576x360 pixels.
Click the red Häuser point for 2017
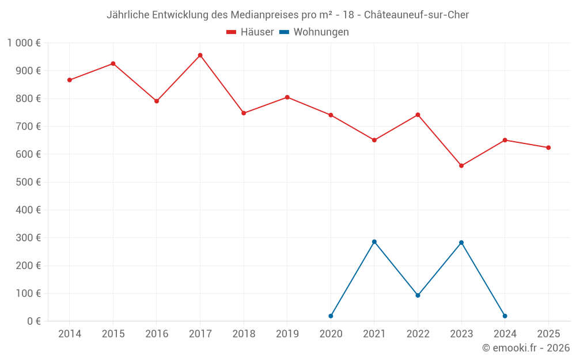click(200, 55)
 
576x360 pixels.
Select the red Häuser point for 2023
click(461, 166)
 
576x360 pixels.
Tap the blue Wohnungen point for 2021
click(374, 242)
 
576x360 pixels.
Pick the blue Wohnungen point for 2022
click(418, 295)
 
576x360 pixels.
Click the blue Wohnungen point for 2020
click(331, 316)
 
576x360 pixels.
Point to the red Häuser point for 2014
click(70, 80)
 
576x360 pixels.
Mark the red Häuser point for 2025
click(548, 147)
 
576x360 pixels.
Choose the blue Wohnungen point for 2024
click(505, 316)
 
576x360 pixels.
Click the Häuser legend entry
click(250, 32)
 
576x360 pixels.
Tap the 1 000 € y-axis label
click(24, 43)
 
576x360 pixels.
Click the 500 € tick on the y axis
click(30, 182)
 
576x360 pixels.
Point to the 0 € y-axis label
click(34, 321)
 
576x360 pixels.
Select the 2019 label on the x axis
click(287, 334)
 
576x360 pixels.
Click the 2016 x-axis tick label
click(157, 334)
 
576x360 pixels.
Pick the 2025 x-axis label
click(548, 334)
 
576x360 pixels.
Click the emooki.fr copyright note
click(526, 348)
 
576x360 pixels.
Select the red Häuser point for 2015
click(113, 63)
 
